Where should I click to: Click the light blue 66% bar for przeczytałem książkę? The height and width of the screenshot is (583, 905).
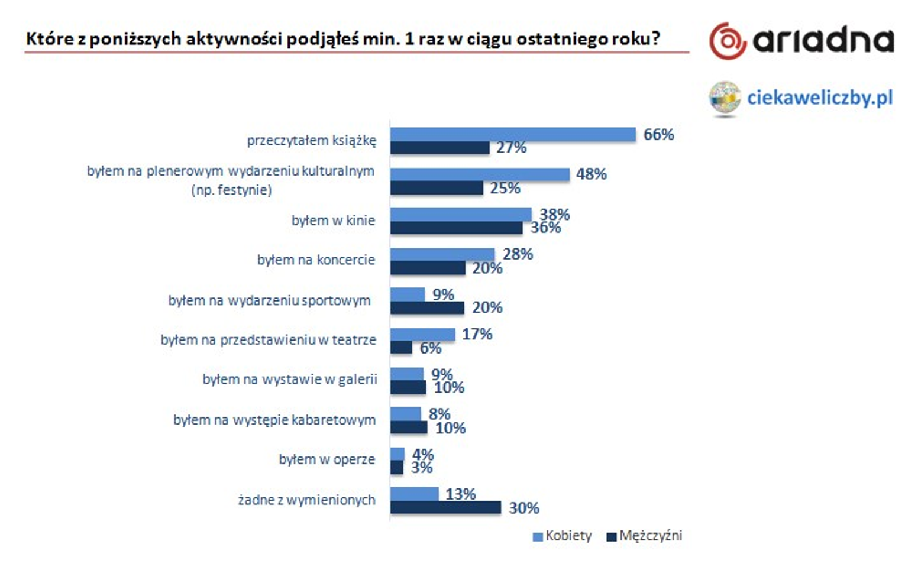pos(513,135)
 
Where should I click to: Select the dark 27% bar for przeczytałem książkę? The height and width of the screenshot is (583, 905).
pos(439,148)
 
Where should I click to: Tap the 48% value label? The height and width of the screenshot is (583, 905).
pos(591,174)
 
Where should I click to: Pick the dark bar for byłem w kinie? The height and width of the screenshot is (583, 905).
pos(456,228)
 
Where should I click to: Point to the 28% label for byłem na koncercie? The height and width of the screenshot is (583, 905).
pos(518,254)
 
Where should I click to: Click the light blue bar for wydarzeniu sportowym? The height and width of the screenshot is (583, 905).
pos(408,294)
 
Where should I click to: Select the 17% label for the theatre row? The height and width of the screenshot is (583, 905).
pos(477,334)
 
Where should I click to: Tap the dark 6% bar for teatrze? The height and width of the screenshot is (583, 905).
pos(401,348)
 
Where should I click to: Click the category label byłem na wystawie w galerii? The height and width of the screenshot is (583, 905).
pos(289,379)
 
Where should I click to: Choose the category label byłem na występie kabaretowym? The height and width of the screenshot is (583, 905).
pos(274,420)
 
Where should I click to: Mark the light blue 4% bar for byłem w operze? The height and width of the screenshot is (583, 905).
pos(397,454)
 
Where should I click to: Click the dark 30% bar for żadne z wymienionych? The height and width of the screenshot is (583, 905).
pos(445,507)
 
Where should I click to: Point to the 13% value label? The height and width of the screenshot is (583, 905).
pos(460,494)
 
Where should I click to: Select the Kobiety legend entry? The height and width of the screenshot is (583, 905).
pos(562,536)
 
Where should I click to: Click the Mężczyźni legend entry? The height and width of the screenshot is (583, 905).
pos(645,536)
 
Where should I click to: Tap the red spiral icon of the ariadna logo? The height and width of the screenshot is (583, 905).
pos(727,41)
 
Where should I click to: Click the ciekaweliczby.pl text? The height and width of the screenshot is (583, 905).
pos(819,98)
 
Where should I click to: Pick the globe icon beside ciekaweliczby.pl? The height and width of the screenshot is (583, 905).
pos(725,98)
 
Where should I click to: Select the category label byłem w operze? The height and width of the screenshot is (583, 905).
pos(327,459)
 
